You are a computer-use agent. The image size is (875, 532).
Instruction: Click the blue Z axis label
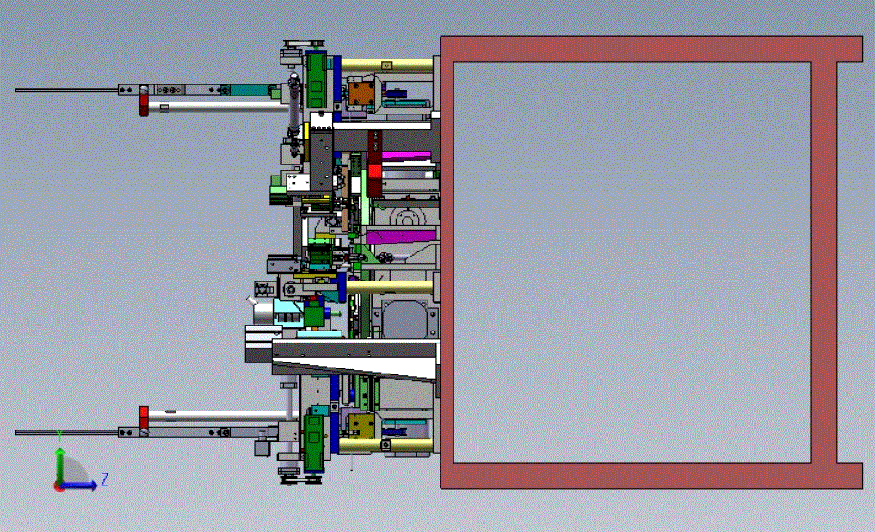click(104, 479)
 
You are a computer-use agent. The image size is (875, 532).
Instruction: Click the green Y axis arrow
click(59, 463)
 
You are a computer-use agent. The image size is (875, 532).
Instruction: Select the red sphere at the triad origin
click(59, 487)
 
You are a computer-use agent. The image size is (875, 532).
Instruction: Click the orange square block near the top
click(361, 93)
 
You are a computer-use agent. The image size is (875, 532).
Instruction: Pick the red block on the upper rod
click(144, 104)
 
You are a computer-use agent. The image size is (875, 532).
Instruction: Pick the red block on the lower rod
click(144, 418)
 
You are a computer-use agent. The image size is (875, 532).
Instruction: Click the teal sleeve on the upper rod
click(250, 90)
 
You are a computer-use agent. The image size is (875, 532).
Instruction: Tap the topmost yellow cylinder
click(386, 66)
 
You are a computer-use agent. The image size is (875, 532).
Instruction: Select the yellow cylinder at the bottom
click(385, 445)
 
